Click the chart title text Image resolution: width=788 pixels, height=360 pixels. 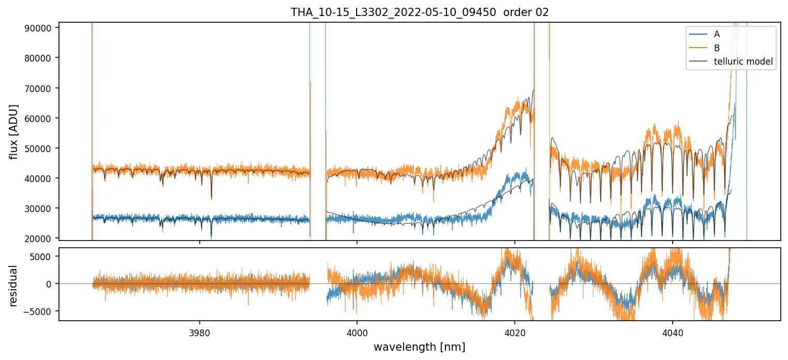point(420,12)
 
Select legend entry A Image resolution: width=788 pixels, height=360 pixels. point(717,34)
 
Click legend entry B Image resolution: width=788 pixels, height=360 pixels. point(717,48)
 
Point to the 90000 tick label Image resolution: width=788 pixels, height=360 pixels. point(40,28)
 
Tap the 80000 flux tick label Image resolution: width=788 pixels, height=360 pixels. point(40,58)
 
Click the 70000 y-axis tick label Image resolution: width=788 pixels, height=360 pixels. point(40,88)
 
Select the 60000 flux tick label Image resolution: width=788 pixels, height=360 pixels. point(40,118)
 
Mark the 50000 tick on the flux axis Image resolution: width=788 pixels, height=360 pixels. point(40,148)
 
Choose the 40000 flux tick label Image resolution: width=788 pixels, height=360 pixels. point(40,178)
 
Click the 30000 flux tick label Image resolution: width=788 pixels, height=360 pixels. point(40,208)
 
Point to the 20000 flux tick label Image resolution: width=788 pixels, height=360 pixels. point(40,238)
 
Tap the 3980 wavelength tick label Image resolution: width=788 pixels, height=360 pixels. point(200,331)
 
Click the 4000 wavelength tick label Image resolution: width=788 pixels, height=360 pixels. point(357,331)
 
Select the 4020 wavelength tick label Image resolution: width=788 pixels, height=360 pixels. point(515,331)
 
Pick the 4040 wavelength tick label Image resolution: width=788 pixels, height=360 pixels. point(672,331)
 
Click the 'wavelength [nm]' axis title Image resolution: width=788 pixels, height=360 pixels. point(419,347)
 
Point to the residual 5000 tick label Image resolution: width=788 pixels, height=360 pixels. point(42,257)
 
